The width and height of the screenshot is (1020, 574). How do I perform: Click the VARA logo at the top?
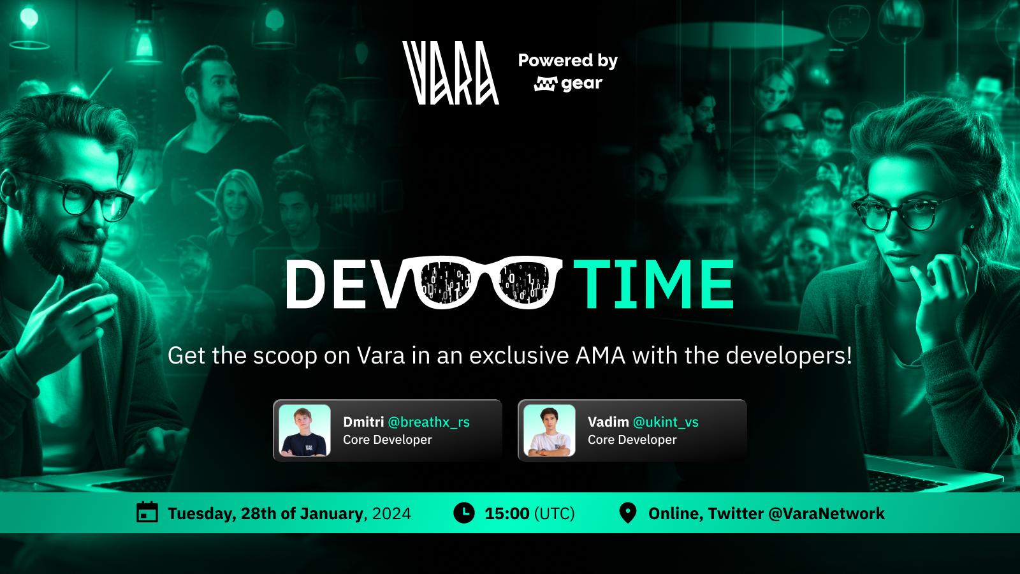point(450,73)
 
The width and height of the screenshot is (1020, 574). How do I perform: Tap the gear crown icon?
point(546,84)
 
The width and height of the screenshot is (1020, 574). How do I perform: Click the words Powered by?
point(568,61)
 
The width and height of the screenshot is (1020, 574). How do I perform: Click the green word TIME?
point(653,284)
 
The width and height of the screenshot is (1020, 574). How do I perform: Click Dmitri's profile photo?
point(304,430)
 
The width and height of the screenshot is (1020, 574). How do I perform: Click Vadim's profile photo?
point(549,430)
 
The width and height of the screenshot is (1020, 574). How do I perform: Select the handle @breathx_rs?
point(428,422)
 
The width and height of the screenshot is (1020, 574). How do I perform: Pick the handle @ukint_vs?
point(666,422)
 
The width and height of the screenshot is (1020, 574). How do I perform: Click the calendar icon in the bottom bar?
point(147,512)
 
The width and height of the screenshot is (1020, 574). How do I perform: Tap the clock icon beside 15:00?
point(464,513)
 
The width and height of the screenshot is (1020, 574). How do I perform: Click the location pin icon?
point(627,513)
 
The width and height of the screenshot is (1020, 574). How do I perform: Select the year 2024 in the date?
point(391,514)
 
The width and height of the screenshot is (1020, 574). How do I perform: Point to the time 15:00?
point(507,514)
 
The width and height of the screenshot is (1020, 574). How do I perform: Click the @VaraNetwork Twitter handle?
point(826,514)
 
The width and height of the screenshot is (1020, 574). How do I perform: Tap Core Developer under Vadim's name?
point(632,439)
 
